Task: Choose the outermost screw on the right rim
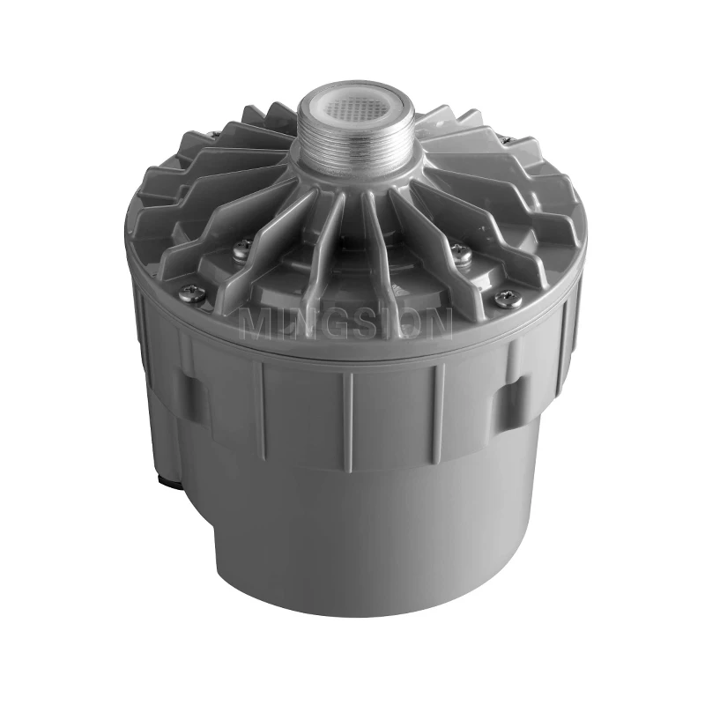click(503, 300)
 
